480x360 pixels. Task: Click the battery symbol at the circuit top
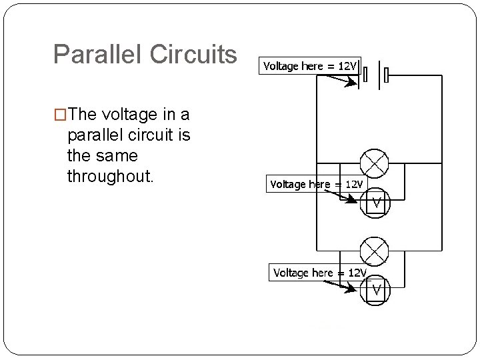(375, 75)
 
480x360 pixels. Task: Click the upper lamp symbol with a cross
(374, 163)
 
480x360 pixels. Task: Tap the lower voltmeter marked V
(376, 291)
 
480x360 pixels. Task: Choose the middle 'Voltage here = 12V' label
(317, 184)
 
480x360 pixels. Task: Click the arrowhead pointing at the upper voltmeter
(354, 200)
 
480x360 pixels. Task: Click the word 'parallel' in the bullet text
(92, 136)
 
